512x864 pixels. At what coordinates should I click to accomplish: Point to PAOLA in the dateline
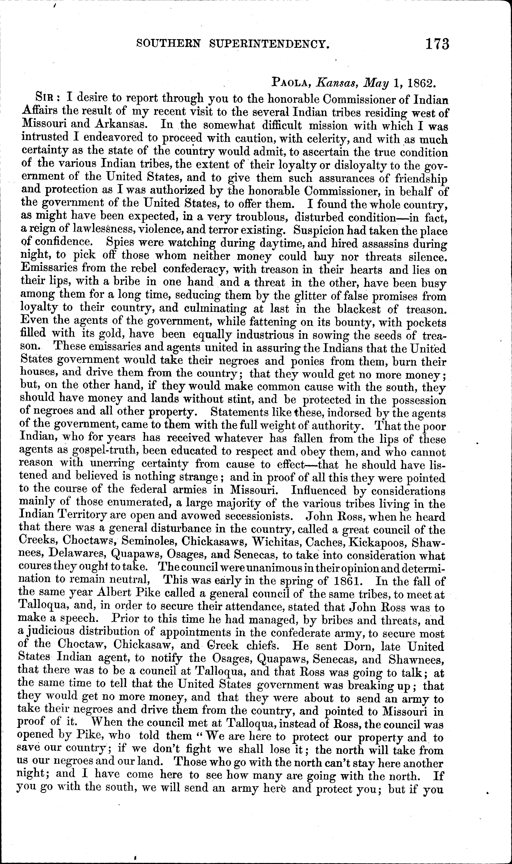292,82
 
